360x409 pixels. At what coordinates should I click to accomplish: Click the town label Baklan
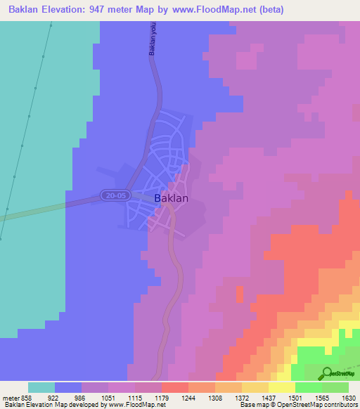[x=171, y=198]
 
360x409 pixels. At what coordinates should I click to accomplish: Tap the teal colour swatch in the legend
[x=41, y=387]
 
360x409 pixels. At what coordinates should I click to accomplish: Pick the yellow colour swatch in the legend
[x=281, y=387]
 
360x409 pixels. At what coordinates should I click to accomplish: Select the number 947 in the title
[x=103, y=9]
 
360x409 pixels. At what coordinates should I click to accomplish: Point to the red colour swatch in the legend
[x=174, y=387]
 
